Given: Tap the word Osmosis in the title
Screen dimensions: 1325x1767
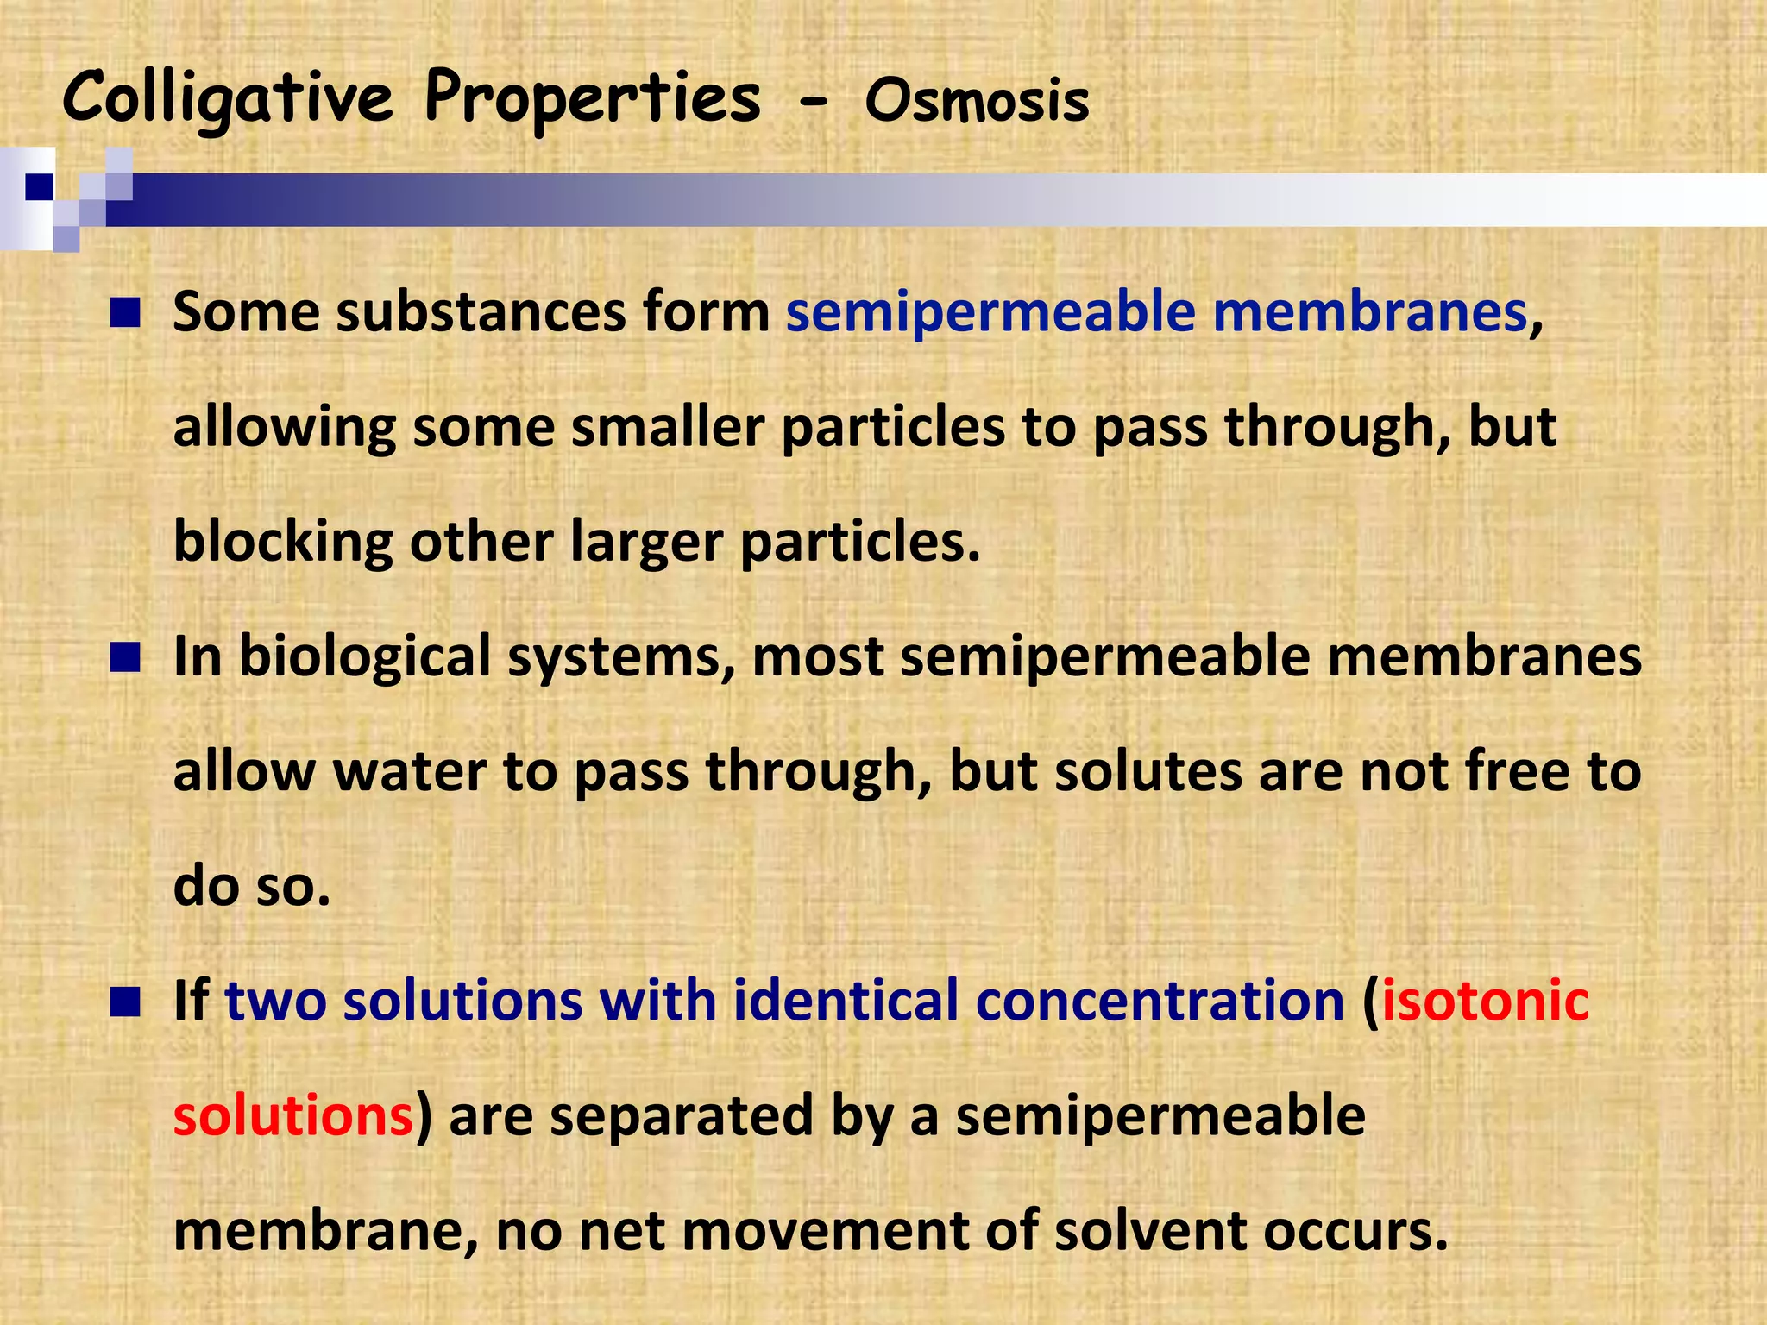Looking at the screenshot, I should tap(977, 102).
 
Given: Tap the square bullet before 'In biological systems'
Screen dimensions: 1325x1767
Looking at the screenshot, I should tap(125, 658).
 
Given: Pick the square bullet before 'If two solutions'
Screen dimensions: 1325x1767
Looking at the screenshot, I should tap(125, 1002).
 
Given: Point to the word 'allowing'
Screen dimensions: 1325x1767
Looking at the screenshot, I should tap(284, 428).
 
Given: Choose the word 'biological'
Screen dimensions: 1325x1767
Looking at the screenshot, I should tap(364, 657).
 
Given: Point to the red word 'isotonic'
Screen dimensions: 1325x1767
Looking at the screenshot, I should tap(1485, 1001).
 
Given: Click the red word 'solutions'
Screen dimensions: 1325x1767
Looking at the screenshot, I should tap(293, 1115).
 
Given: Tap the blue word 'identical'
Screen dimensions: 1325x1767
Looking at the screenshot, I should tap(846, 1001).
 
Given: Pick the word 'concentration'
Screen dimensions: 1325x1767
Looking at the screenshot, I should tap(1160, 1001).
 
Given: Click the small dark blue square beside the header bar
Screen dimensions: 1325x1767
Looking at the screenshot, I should tap(39, 186).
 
